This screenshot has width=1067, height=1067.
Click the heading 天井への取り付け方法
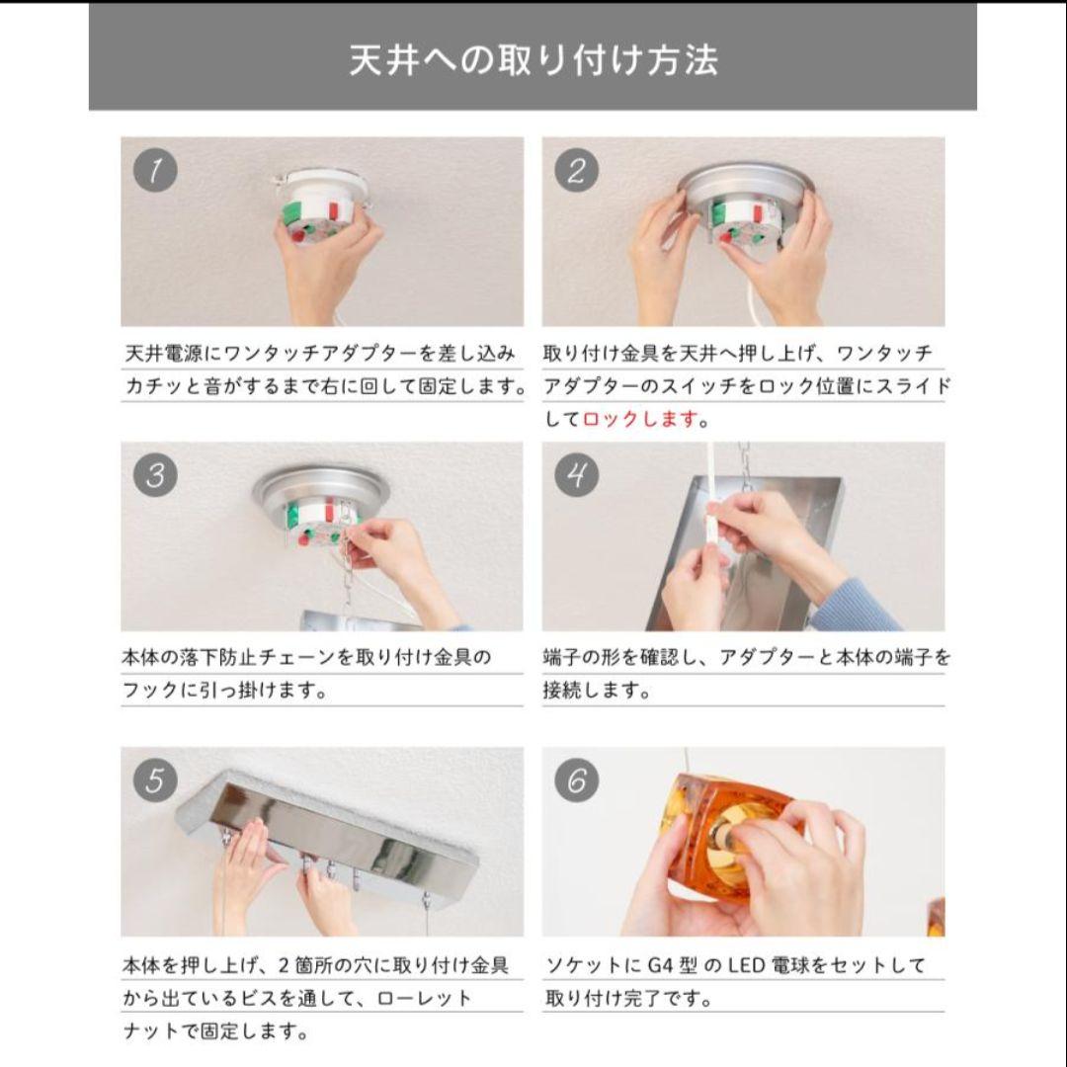pos(533,60)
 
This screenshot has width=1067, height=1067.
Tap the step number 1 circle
pos(155,171)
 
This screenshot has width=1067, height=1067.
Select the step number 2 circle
pos(576,171)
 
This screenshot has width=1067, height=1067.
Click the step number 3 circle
pos(155,475)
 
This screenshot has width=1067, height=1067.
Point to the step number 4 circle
pos(576,475)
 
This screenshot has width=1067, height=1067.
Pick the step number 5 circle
pos(155,780)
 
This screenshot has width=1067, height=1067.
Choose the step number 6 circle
pos(576,780)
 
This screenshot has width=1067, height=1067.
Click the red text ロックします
pos(640,419)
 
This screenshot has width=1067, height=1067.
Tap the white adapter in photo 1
pos(319,198)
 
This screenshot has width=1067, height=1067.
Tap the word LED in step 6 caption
pos(745,965)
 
